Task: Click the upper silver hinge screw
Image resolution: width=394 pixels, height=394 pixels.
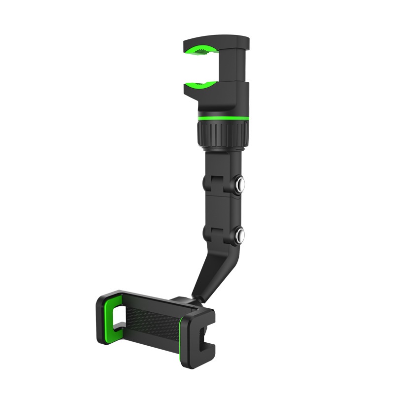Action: pyautogui.click(x=240, y=185)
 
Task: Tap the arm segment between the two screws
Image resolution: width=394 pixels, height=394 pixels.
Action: pyautogui.click(x=221, y=209)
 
